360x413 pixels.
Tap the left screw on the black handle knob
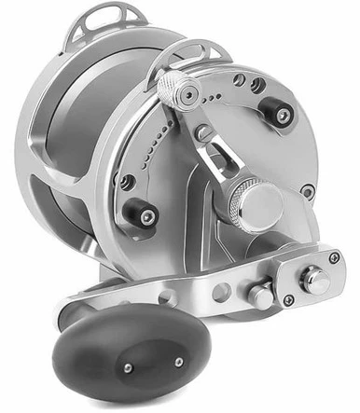pos(129,370)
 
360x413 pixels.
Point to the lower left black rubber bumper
pos(141,213)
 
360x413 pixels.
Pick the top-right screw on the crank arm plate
pos(334,257)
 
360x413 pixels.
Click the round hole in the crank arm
pos(225,293)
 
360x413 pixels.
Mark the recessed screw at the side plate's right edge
pos(308,192)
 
